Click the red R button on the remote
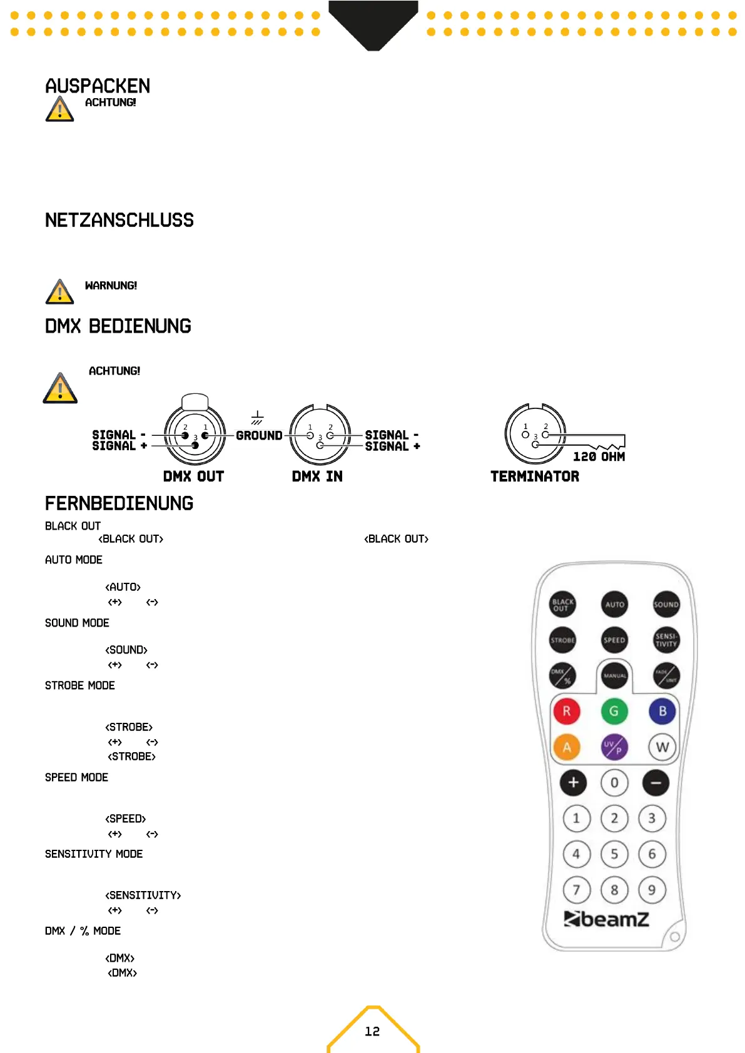point(566,711)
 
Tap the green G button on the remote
point(614,711)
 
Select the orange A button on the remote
point(566,747)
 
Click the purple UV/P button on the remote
point(614,747)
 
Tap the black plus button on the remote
point(573,783)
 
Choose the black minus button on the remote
point(656,783)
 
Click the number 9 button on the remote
point(652,890)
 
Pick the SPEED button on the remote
point(614,640)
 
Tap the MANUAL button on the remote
point(614,676)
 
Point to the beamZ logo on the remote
point(606,919)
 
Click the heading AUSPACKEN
point(98,86)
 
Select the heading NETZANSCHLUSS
point(119,220)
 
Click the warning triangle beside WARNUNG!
point(59,292)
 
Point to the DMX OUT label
point(193,476)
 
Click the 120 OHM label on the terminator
point(599,457)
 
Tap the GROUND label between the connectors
point(259,436)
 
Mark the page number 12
point(372,1032)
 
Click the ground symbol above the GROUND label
point(257,418)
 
